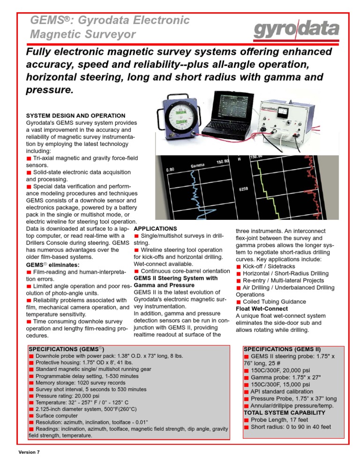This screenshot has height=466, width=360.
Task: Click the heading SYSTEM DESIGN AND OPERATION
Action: pos(69,115)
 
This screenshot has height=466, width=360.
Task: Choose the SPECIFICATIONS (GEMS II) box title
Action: pos(282,349)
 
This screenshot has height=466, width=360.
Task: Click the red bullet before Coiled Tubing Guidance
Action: pos(239,302)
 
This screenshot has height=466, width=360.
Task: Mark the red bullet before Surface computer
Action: pos(31,415)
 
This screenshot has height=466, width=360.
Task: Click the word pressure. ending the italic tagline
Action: pos(49,89)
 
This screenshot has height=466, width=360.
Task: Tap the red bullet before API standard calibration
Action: pos(246,391)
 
